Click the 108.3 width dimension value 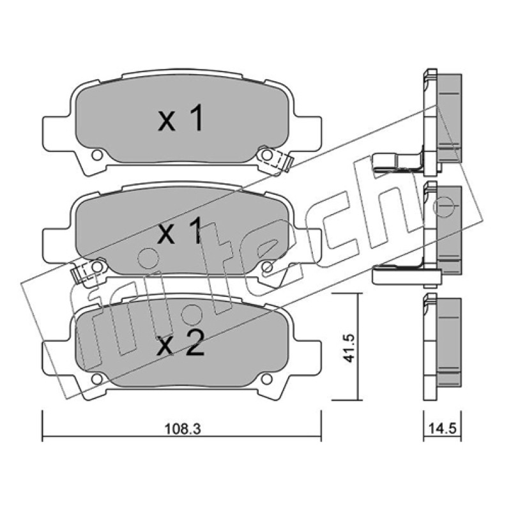point(182,429)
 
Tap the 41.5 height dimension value point(349,347)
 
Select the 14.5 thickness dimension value point(442,428)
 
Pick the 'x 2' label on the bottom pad point(181,343)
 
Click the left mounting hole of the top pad point(97,155)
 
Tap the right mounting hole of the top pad point(266,155)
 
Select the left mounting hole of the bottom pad point(97,379)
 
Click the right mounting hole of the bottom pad point(266,379)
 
